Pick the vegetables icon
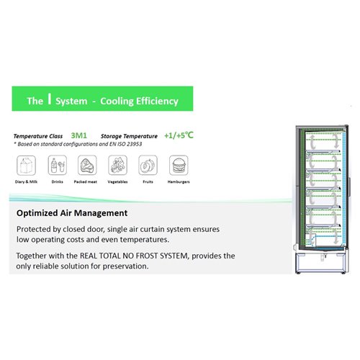115,166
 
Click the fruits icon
146,166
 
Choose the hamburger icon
177,166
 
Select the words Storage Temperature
130,135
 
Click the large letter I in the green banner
49,101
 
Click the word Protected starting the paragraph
35,228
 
